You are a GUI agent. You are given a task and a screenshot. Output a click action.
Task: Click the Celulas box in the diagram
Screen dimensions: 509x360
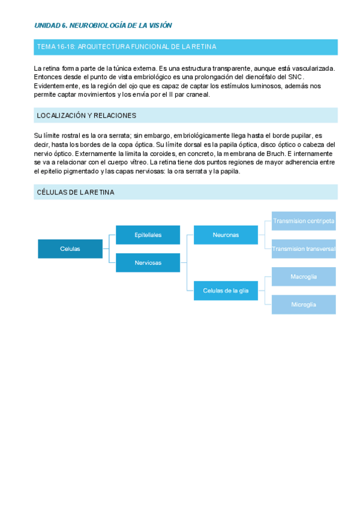point(70,248)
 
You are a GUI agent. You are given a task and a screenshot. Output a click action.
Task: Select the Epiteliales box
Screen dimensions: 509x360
point(148,235)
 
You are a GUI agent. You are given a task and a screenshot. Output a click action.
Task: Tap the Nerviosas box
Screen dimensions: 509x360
point(148,262)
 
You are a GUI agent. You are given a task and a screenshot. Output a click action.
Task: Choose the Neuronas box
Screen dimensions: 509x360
point(226,235)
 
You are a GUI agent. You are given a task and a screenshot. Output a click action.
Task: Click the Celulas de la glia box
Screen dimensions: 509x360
point(226,291)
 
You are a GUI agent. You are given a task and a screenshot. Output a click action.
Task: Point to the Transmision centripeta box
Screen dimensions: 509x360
point(304,221)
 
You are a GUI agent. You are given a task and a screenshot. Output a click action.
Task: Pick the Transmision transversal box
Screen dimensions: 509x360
point(304,248)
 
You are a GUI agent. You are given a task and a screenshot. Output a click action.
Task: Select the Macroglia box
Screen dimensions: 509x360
point(304,277)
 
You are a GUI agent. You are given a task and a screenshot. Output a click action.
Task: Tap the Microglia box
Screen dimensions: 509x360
point(304,304)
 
